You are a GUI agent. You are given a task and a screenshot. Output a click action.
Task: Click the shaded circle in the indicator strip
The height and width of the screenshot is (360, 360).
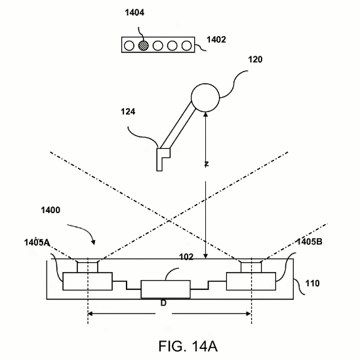click(144, 45)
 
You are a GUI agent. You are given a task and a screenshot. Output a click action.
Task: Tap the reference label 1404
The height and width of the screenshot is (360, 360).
click(134, 12)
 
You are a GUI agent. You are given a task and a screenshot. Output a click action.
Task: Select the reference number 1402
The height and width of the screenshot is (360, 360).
click(216, 40)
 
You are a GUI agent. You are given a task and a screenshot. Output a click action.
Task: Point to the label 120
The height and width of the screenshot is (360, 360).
click(255, 60)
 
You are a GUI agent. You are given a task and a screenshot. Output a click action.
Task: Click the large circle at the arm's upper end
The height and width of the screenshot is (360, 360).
click(205, 98)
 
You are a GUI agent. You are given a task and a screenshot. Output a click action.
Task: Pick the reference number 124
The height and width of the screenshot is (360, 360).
click(128, 112)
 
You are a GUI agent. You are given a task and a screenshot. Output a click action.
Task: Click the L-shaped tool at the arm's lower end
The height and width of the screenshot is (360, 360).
click(161, 159)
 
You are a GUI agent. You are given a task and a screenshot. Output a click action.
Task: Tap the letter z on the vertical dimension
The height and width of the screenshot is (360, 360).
click(207, 164)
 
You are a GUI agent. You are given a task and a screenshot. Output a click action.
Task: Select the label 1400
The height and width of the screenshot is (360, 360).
click(50, 210)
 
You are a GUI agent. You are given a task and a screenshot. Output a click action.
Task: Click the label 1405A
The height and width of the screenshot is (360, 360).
click(37, 243)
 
